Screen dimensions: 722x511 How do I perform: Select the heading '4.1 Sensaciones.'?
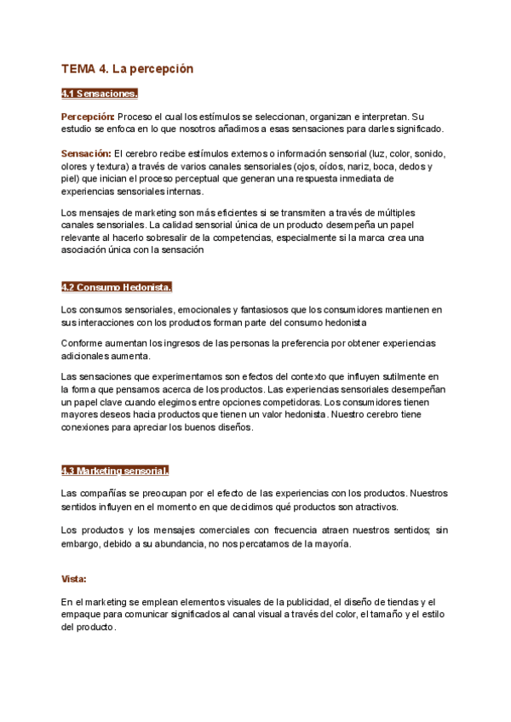[100, 94]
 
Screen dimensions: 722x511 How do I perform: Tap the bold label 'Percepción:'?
[88, 116]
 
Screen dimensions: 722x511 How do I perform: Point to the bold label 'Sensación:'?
[86, 153]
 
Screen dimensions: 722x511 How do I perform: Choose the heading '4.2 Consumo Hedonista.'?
[118, 286]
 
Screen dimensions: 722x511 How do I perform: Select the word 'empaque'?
[80, 615]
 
